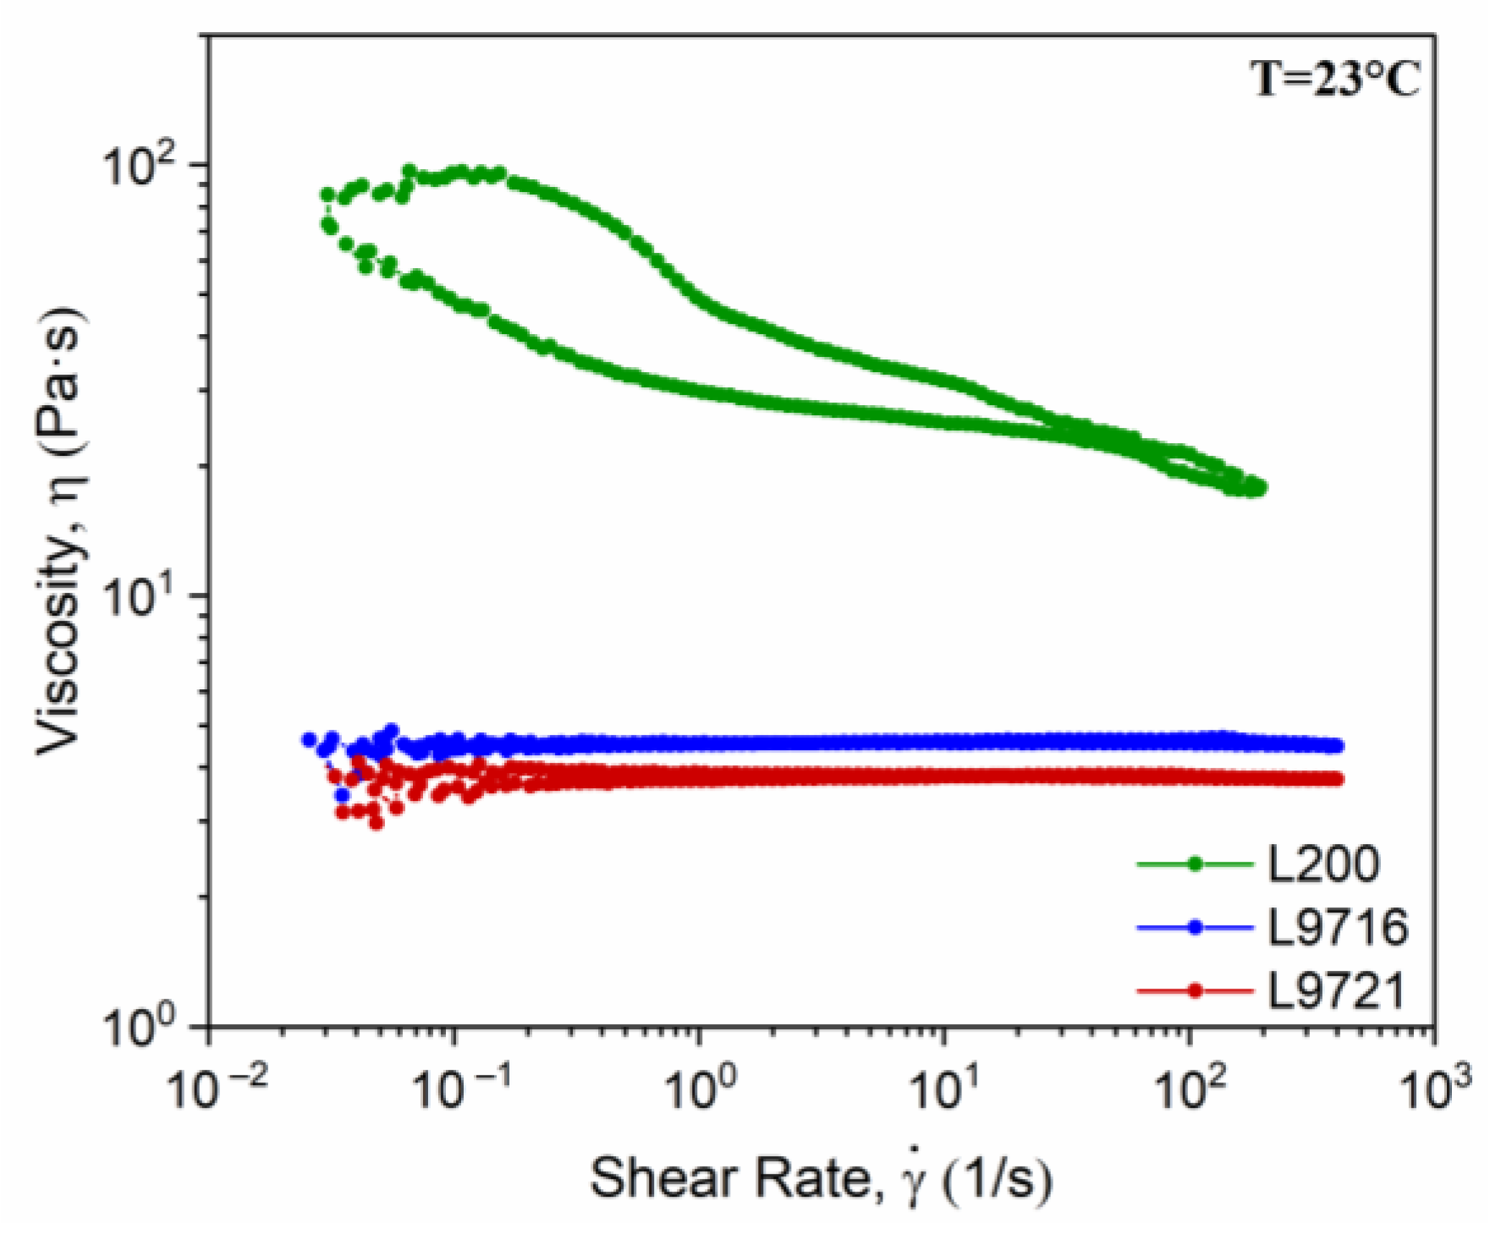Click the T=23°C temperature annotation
pos(1335,80)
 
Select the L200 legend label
pos(1323,863)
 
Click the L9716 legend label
pos(1338,927)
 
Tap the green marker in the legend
pos(1195,863)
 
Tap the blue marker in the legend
pos(1195,927)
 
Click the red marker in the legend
pos(1195,990)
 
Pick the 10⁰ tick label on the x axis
pos(701,1088)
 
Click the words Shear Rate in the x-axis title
pos(729,1178)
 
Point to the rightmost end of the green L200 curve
pos(1260,488)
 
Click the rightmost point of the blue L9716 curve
pos(1337,745)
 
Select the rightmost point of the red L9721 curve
pos(1337,779)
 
